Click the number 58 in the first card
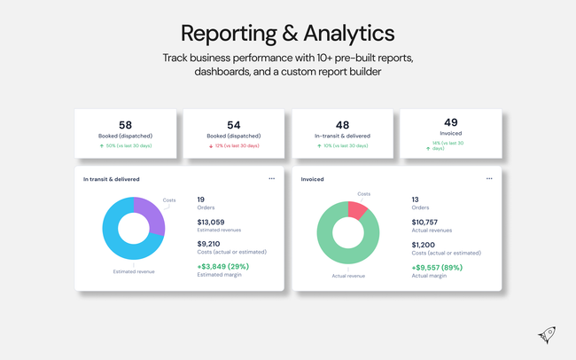tap(126, 125)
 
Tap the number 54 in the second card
tap(234, 125)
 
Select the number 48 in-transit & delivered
tap(342, 125)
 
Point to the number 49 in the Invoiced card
tap(451, 122)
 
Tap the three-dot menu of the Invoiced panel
tap(489, 178)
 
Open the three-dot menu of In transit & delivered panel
tap(272, 178)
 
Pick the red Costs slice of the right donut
tap(357, 209)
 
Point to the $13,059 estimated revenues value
tap(213, 222)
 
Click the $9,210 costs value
tap(209, 243)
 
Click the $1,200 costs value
tap(424, 243)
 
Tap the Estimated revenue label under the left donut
tap(133, 271)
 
